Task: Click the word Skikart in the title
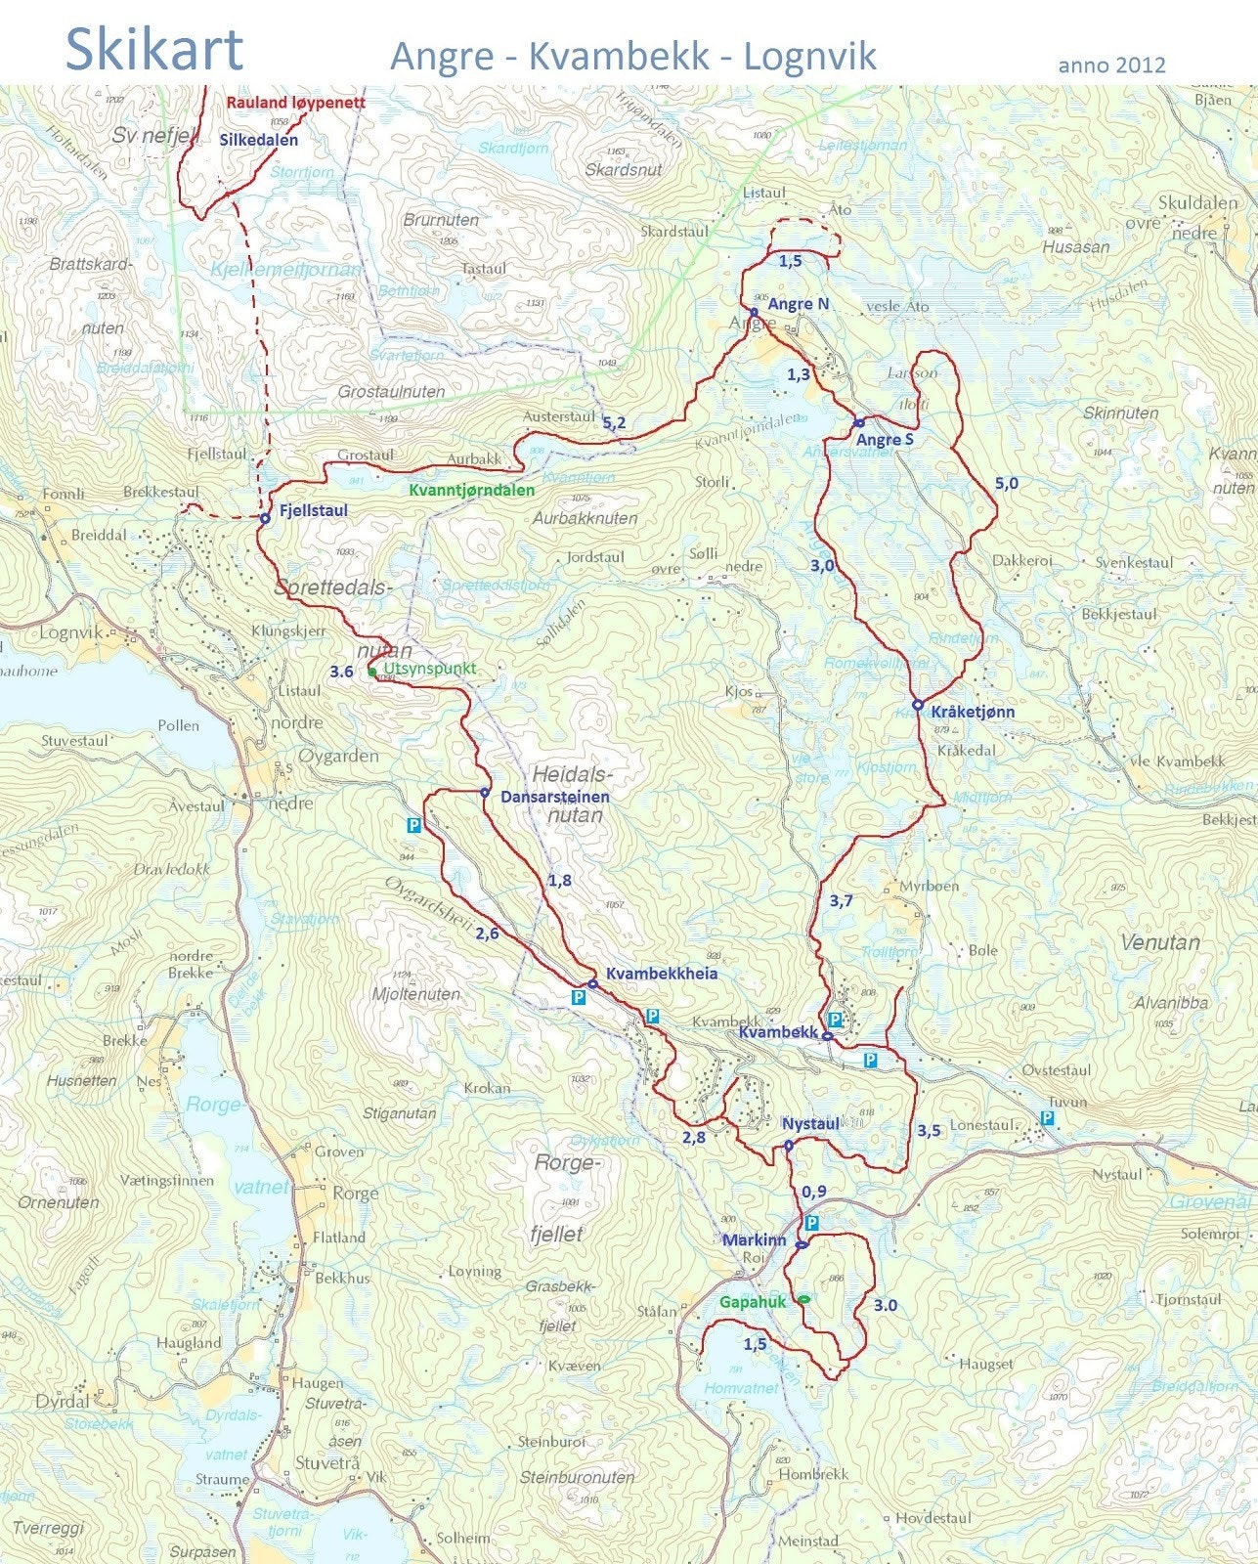(x=153, y=49)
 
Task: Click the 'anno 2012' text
(x=1110, y=65)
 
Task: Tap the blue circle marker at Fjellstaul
(x=264, y=519)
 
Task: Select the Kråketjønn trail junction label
(x=973, y=712)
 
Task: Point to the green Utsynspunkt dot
(x=372, y=672)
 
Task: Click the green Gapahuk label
(x=752, y=1302)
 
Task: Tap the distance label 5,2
(x=614, y=423)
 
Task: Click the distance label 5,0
(x=1006, y=483)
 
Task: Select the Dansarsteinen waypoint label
(x=554, y=797)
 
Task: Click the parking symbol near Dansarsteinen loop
(x=413, y=825)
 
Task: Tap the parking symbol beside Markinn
(x=811, y=1223)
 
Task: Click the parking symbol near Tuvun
(x=1048, y=1117)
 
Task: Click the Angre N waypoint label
(x=798, y=304)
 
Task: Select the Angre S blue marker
(x=858, y=423)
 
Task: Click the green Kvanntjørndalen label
(x=471, y=490)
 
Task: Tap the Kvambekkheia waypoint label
(x=662, y=974)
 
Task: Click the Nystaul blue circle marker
(x=788, y=1146)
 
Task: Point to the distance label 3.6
(x=341, y=672)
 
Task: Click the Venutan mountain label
(x=1159, y=942)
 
